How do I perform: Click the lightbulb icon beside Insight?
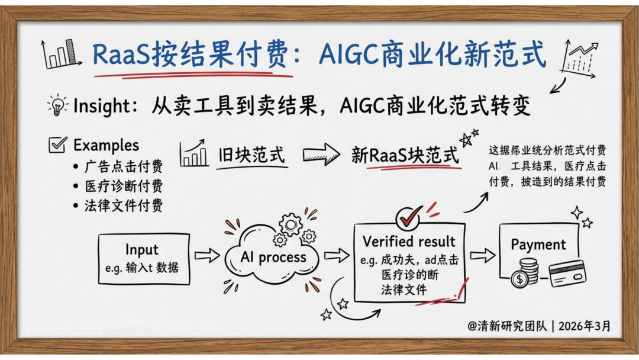coord(58,105)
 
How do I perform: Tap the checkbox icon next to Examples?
coord(57,144)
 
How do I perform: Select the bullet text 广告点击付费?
coord(124,166)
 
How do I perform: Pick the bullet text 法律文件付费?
coord(124,205)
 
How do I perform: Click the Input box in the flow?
coord(144,259)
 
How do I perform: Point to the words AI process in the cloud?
coord(273,257)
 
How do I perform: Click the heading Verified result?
coord(409,242)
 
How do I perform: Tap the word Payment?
coord(538,245)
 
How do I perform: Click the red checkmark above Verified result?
coord(409,217)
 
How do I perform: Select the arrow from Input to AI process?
coord(208,256)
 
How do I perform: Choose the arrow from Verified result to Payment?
coord(483,256)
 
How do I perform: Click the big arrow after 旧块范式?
coord(321,155)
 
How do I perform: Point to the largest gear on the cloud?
coord(290,224)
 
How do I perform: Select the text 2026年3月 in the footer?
coord(585,326)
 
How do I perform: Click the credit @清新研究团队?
coord(507,326)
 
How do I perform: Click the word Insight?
coord(102,105)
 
